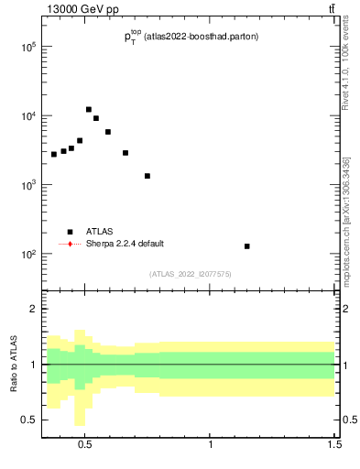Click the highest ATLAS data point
click(x=89, y=110)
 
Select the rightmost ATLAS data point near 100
click(x=247, y=246)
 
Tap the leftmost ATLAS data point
click(x=54, y=154)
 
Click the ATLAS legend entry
click(x=99, y=232)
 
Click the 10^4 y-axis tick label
click(x=29, y=116)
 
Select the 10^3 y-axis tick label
click(x=29, y=185)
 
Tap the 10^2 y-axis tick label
click(x=29, y=254)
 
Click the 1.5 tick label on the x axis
click(x=334, y=446)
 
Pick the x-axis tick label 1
click(x=211, y=446)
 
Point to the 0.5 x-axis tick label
click(x=85, y=446)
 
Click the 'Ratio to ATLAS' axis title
click(x=13, y=364)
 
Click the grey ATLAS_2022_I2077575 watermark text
click(x=191, y=273)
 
